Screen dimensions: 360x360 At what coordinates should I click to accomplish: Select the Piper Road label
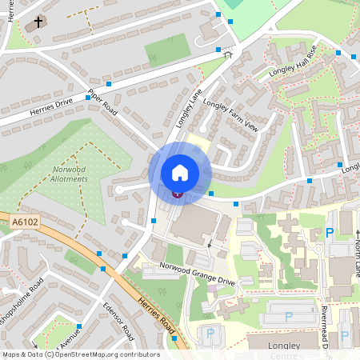tap(103, 101)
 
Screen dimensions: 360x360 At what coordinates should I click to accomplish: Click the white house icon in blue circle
tap(180, 172)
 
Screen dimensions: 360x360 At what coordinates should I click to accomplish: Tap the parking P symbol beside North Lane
tap(329, 234)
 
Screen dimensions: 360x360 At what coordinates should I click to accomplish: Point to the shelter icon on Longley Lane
tap(227, 54)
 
